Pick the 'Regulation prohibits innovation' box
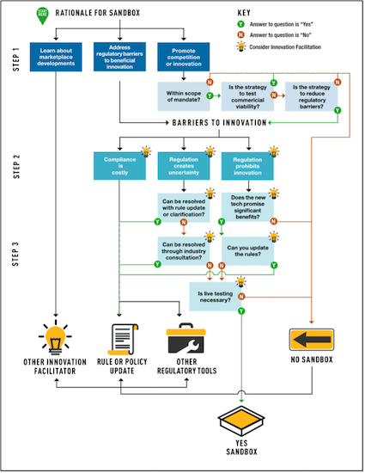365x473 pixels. [x=247, y=163]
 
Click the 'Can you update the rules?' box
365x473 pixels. [x=247, y=250]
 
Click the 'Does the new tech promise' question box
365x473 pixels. [x=247, y=207]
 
